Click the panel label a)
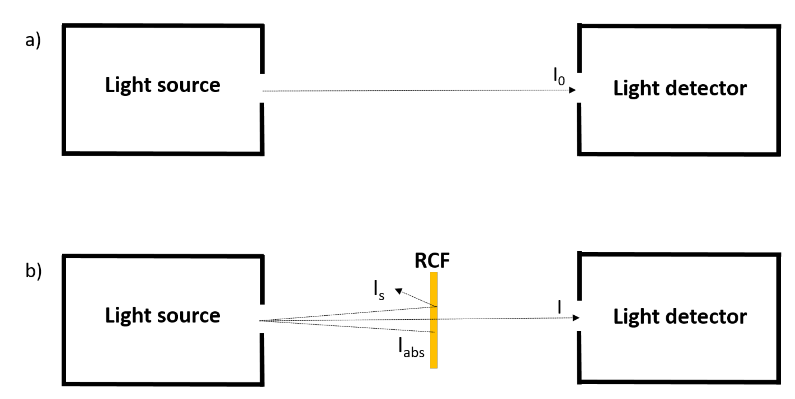point(33,40)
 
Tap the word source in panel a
point(189,85)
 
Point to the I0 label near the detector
point(559,76)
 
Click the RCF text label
point(432,261)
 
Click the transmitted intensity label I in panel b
point(559,307)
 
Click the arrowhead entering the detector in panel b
point(575,318)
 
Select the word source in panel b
point(189,316)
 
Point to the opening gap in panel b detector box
point(579,316)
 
